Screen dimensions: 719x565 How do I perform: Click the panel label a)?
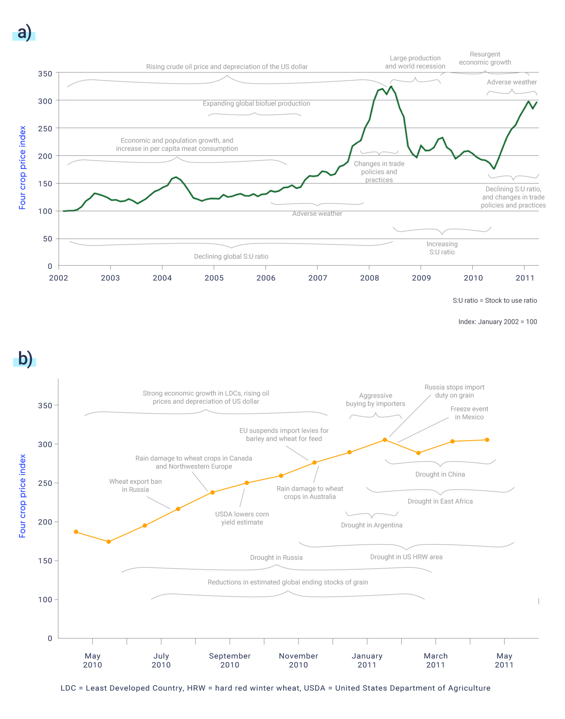[24, 32]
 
